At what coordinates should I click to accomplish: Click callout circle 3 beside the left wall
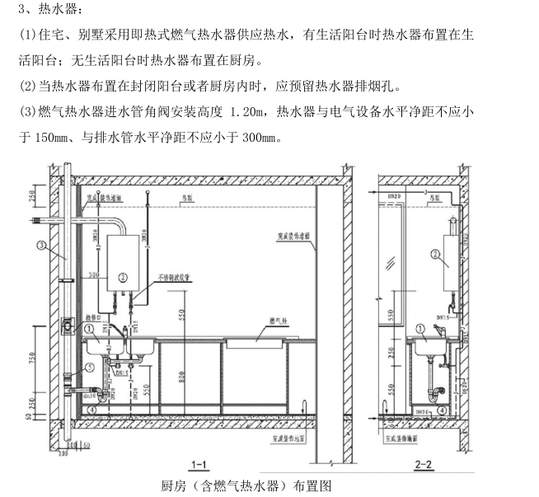pyautogui.click(x=40, y=245)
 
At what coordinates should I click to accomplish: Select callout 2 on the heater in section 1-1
pyautogui.click(x=123, y=277)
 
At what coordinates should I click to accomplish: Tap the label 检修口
pyautogui.click(x=92, y=317)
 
